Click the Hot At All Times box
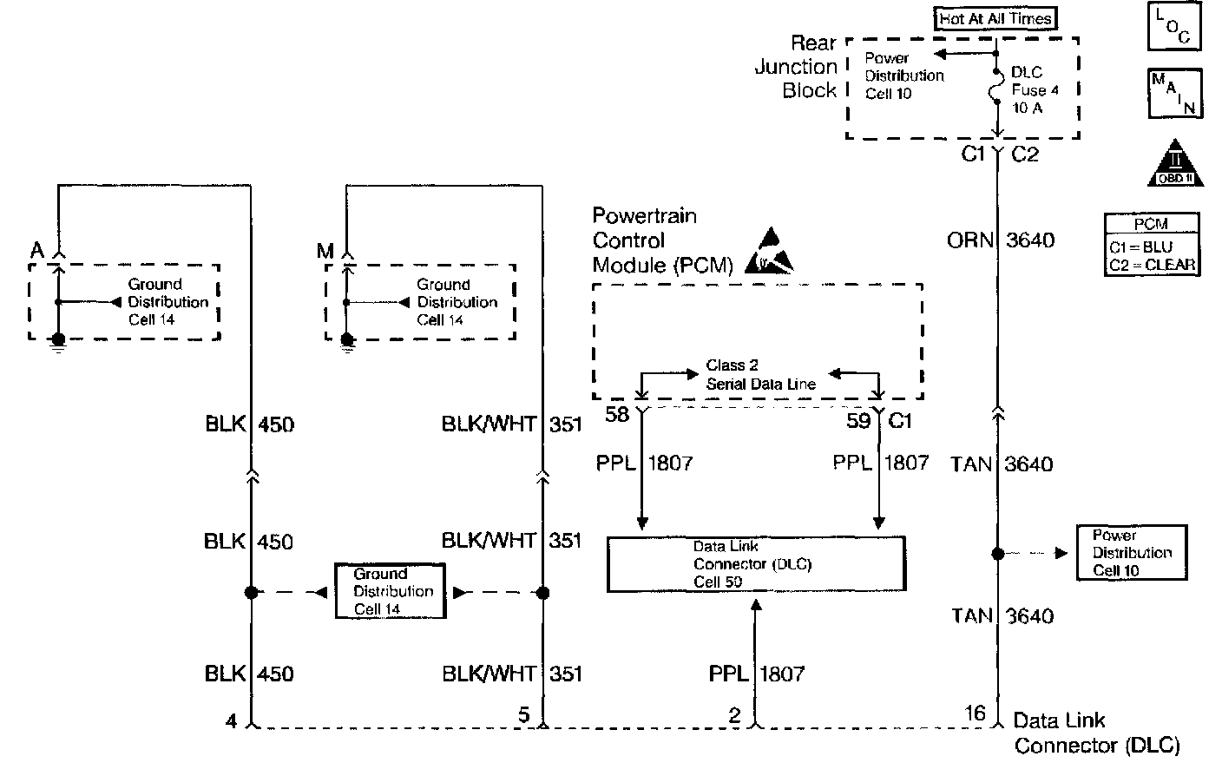(x=995, y=18)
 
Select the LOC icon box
(x=1175, y=26)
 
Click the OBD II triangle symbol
(x=1176, y=163)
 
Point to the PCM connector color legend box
(x=1152, y=245)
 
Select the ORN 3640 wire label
(x=1001, y=240)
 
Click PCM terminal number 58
(x=617, y=415)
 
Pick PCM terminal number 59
(x=858, y=421)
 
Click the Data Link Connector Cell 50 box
(x=755, y=564)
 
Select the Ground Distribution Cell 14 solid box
(x=391, y=591)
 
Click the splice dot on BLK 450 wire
(x=251, y=593)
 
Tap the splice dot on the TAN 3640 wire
(x=998, y=553)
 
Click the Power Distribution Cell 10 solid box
(x=1131, y=553)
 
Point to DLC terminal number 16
(x=975, y=714)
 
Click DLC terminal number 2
(x=735, y=716)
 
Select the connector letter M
(x=325, y=252)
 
